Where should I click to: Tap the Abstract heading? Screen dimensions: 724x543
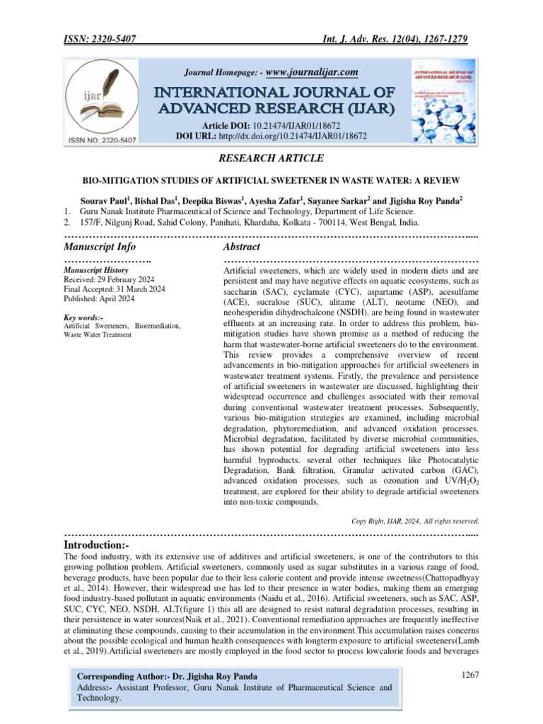(x=242, y=247)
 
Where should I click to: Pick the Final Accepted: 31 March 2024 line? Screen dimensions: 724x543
(x=115, y=289)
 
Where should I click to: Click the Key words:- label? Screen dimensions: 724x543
(x=83, y=317)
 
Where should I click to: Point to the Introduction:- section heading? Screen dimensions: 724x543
(x=96, y=547)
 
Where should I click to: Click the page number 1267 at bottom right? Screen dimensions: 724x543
(x=469, y=675)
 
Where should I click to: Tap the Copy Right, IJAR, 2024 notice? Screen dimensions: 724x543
(x=416, y=521)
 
